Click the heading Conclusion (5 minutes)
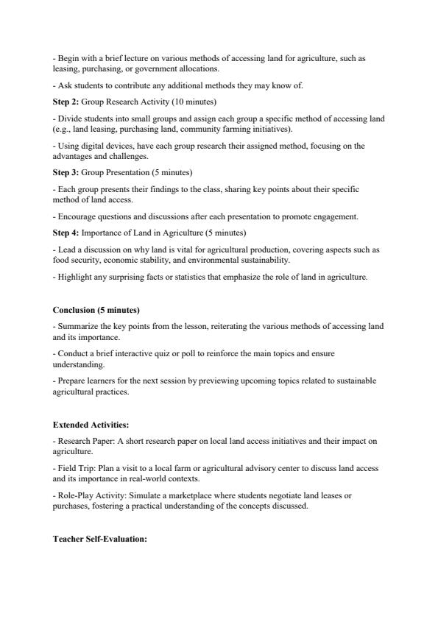pos(96,310)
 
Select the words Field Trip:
pos(75,468)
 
